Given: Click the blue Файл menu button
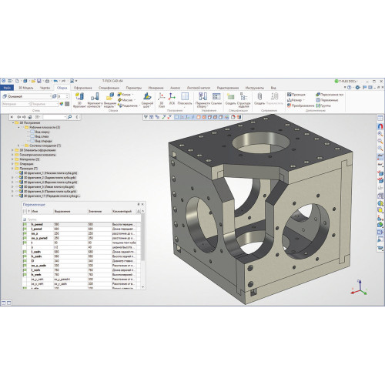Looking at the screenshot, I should pyautogui.click(x=6, y=88).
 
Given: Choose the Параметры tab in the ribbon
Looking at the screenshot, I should pyautogui.click(x=133, y=88).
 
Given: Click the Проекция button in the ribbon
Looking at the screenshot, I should pyautogui.click(x=297, y=94).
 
